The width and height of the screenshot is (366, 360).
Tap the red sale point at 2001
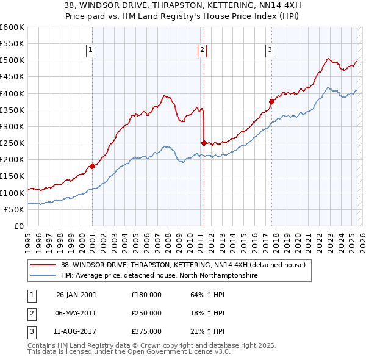92,166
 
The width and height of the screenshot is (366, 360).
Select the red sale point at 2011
203,143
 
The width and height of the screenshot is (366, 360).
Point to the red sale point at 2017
271,102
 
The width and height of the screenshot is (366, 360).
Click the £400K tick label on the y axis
12,93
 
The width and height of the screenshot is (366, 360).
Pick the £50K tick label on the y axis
14,209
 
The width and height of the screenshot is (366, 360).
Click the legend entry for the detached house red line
187,265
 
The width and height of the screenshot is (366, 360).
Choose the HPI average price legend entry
160,276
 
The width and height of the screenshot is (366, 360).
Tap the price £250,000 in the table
146,313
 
